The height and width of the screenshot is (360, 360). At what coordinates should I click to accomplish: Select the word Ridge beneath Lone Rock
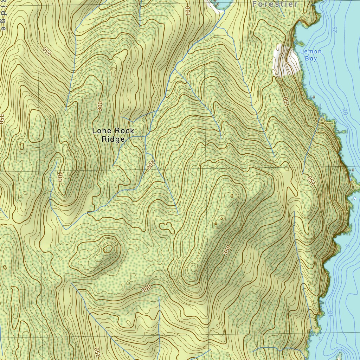tap(113, 139)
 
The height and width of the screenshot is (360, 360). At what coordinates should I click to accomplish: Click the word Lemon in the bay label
tap(311, 52)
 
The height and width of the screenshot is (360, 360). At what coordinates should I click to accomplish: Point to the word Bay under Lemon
tap(311, 59)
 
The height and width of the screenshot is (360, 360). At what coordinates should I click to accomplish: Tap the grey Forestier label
tap(275, 4)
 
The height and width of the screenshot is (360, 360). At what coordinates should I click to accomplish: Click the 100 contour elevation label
tap(187, 10)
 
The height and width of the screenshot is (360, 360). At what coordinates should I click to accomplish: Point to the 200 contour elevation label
tap(151, 165)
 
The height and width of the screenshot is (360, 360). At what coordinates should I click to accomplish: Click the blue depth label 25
tap(335, 30)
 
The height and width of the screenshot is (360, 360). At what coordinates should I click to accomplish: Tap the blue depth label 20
tap(345, 112)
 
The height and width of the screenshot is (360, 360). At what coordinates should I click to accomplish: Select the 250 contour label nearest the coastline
tap(310, 180)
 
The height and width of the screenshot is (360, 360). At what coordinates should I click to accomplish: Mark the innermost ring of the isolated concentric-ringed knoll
tap(107, 250)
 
